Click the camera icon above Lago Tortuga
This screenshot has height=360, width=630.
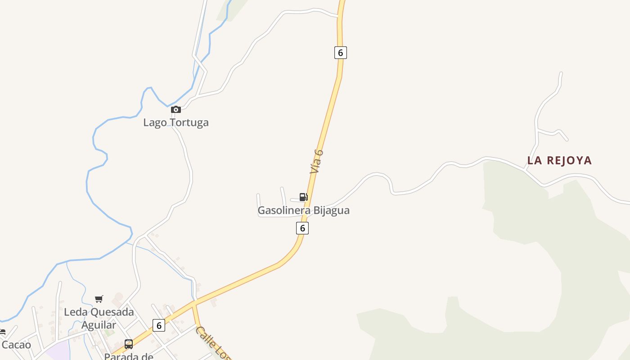pos(176,109)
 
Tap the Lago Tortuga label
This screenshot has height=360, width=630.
pos(176,122)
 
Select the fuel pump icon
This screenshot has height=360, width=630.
pos(304,197)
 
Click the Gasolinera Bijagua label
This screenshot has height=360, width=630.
pos(303,210)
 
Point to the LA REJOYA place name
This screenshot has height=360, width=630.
pos(559,161)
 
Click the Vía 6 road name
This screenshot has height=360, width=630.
pos(317,161)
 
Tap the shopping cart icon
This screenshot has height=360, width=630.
pos(99,299)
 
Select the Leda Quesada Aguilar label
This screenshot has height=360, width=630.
pos(99,318)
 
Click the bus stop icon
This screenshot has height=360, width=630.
pos(129,344)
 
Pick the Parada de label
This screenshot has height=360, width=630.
pos(129,356)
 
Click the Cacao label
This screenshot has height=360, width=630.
pos(16,345)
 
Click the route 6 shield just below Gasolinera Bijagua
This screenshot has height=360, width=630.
pos(302,228)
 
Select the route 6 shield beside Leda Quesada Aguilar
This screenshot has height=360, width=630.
pos(159,325)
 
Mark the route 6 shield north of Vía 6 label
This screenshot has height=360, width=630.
pos(341,53)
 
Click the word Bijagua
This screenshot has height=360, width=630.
pos(331,210)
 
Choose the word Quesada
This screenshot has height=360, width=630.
pos(112,312)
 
